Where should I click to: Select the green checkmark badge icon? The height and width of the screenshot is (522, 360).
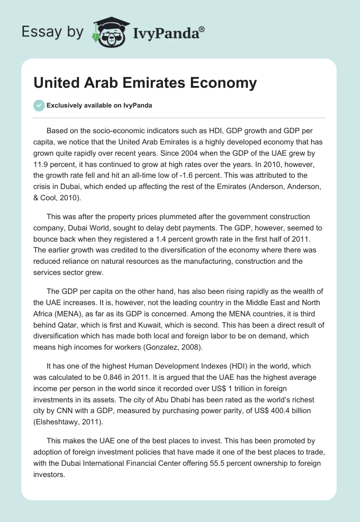pos(39,105)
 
